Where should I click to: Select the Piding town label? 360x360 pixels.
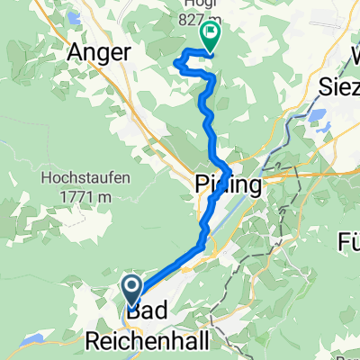[x=229, y=185]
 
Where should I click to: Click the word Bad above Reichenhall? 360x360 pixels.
[x=147, y=315]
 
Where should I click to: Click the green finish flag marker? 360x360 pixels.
[x=210, y=36]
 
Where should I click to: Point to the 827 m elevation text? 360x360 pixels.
[x=209, y=15]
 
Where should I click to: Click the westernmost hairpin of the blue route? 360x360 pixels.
[x=175, y=60]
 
